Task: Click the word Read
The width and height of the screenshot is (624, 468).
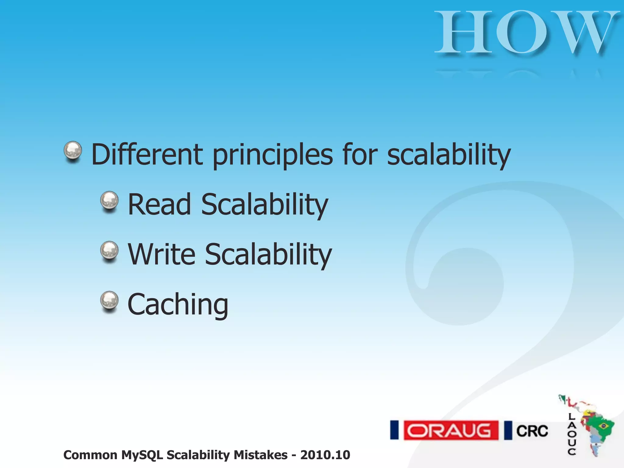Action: pyautogui.click(x=159, y=204)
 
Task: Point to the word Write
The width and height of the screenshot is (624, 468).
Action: pyautogui.click(x=161, y=254)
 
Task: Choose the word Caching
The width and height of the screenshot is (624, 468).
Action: pyautogui.click(x=178, y=304)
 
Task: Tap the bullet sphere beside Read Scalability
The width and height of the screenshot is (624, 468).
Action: pyautogui.click(x=109, y=201)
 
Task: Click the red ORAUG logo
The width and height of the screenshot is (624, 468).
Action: pyautogui.click(x=451, y=430)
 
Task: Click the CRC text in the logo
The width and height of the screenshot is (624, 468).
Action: pyautogui.click(x=532, y=431)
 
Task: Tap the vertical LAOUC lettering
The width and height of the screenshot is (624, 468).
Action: pyautogui.click(x=572, y=434)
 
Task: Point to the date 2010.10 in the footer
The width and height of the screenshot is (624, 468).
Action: pyautogui.click(x=325, y=455)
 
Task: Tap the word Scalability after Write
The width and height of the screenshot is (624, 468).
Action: pyautogui.click(x=268, y=255)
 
